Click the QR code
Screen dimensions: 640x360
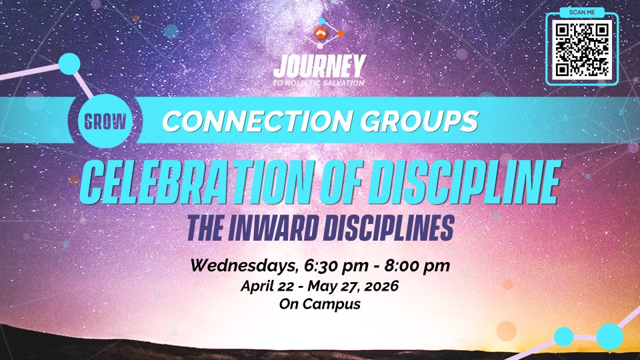pyautogui.click(x=581, y=50)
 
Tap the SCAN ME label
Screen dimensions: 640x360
pyautogui.click(x=582, y=12)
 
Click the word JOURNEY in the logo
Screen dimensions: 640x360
pyautogui.click(x=319, y=67)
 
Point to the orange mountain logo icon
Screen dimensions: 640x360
pyautogui.click(x=321, y=33)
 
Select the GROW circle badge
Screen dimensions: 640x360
pyautogui.click(x=105, y=121)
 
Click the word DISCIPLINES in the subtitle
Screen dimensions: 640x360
pyautogui.click(x=389, y=228)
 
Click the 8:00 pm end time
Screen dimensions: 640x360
pyautogui.click(x=417, y=266)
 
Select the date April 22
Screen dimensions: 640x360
pyautogui.click(x=267, y=286)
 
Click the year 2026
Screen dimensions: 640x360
pyautogui.click(x=381, y=286)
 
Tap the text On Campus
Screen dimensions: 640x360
pyautogui.click(x=320, y=304)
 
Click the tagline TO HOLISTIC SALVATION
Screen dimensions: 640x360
pyautogui.click(x=319, y=83)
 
